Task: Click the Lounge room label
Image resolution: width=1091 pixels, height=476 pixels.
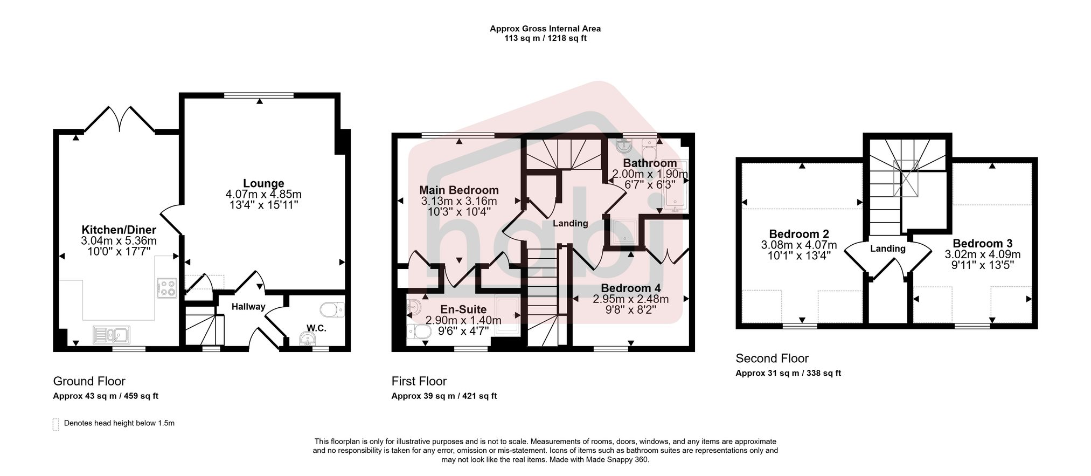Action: tap(263, 183)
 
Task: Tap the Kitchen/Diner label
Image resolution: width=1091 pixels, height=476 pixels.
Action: tap(119, 230)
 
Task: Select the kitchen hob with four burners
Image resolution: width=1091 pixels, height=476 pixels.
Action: tap(166, 288)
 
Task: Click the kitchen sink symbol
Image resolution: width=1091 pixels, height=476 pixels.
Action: tap(112, 335)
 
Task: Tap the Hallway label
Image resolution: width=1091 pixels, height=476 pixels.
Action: tap(248, 307)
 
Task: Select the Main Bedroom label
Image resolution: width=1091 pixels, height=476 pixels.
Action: tap(459, 190)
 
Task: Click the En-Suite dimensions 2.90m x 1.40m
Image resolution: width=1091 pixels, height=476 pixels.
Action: tap(463, 320)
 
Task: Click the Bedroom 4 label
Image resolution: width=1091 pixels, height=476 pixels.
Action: tap(631, 288)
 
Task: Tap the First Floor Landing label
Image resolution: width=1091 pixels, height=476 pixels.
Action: tap(571, 223)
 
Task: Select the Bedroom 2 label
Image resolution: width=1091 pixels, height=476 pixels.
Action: tap(799, 234)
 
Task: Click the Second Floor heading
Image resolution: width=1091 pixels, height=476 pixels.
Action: tap(772, 358)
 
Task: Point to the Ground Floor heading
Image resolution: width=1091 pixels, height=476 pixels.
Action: tap(89, 381)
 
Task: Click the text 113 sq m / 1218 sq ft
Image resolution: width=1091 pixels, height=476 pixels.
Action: tap(545, 38)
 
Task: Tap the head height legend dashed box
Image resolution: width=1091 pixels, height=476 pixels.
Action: tap(55, 424)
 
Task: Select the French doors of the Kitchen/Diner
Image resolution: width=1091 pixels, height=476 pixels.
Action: tap(120, 119)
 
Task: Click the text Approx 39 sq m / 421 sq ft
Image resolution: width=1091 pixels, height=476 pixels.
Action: tap(444, 396)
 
